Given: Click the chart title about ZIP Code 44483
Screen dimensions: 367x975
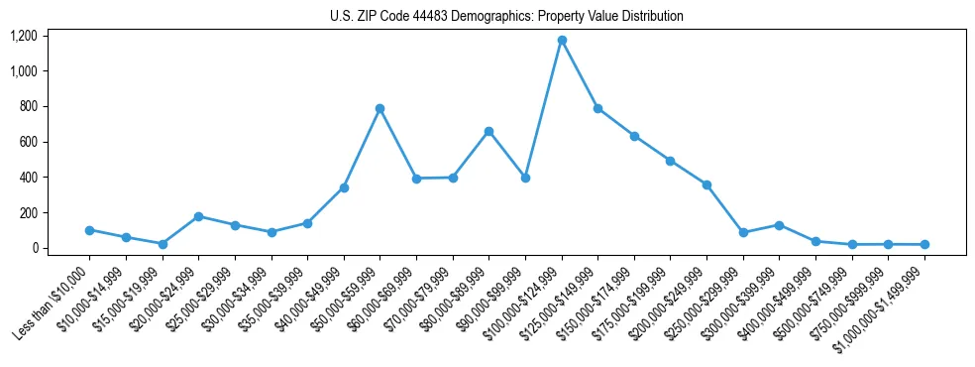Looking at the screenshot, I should [506, 17].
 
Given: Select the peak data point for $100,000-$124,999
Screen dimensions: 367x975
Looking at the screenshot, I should [562, 41].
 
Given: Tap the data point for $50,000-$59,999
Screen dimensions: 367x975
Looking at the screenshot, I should [379, 108].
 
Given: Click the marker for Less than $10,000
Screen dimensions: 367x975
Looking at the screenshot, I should [89, 230].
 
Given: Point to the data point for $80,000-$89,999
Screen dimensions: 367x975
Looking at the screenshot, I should [488, 131].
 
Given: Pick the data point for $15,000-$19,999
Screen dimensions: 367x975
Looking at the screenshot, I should [162, 244].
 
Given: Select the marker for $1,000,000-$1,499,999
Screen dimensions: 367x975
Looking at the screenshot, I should [924, 244].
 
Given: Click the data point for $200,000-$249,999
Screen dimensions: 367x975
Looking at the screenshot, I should [706, 184].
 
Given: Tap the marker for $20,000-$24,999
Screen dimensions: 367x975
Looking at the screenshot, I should [198, 216].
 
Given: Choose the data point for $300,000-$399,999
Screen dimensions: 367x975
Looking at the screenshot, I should [779, 225].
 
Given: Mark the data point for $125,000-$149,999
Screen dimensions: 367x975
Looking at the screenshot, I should [597, 108].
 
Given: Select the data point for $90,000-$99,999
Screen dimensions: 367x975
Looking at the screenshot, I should [525, 178].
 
